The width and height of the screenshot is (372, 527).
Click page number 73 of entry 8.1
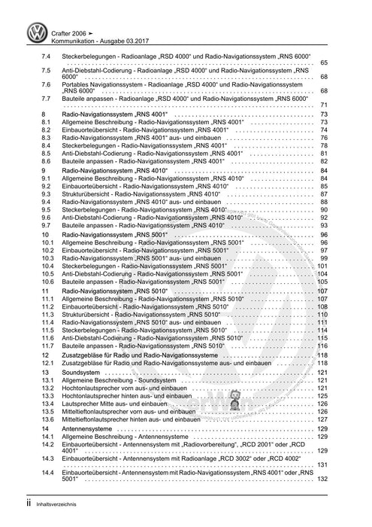[324, 121]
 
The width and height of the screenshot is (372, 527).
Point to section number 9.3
[47, 193]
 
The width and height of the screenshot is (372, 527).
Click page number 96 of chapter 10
[324, 234]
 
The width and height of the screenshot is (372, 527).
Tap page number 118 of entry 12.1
[322, 364]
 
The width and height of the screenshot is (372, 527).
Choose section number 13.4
[48, 404]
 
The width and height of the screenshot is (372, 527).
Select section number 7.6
[46, 85]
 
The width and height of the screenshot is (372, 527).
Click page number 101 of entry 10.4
[322, 267]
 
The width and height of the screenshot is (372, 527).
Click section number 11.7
[48, 347]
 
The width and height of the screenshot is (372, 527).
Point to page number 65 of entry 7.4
[324, 62]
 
